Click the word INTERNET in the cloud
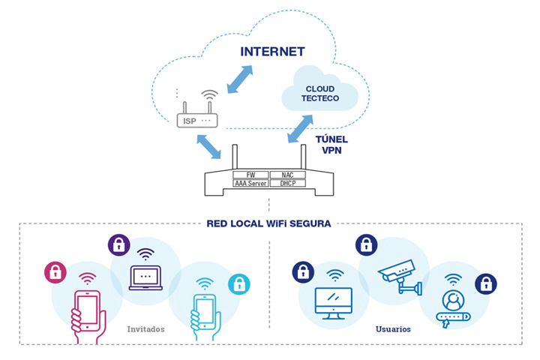click(272, 52)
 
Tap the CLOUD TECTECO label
click(319, 92)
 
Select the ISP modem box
click(197, 120)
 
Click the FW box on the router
click(251, 174)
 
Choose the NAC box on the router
click(287, 174)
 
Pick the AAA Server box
click(251, 183)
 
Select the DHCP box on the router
click(287, 183)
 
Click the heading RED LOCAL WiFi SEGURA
click(268, 223)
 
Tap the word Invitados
click(146, 328)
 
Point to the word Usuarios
click(393, 328)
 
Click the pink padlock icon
click(55, 272)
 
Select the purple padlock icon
click(118, 244)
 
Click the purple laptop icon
click(145, 277)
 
